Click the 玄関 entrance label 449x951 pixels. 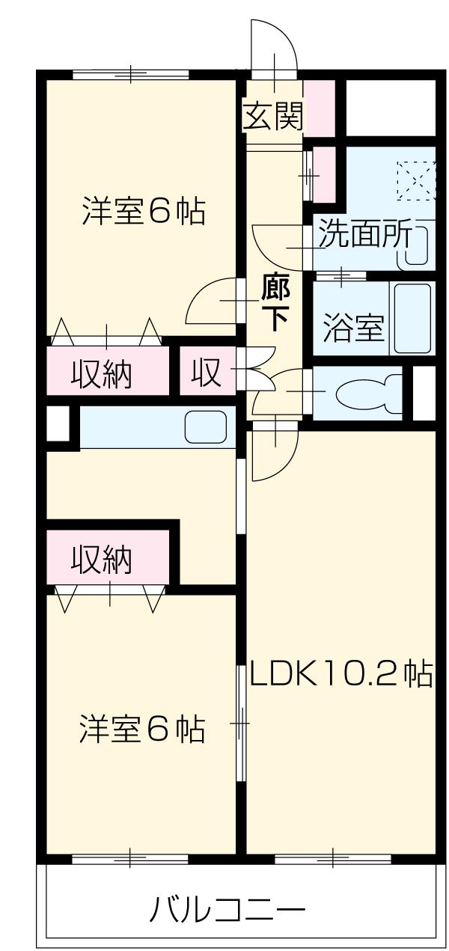(x=273, y=116)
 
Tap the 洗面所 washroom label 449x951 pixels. (x=364, y=236)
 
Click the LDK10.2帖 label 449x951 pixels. (x=341, y=675)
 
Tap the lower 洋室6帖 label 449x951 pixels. (x=142, y=729)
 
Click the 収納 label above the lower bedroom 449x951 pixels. (x=103, y=558)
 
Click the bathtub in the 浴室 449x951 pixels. (x=412, y=317)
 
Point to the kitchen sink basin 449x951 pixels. (x=206, y=426)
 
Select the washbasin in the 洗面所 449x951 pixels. (x=416, y=245)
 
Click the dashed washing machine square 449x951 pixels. (x=415, y=180)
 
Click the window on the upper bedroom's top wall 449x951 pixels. (x=130, y=73)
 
